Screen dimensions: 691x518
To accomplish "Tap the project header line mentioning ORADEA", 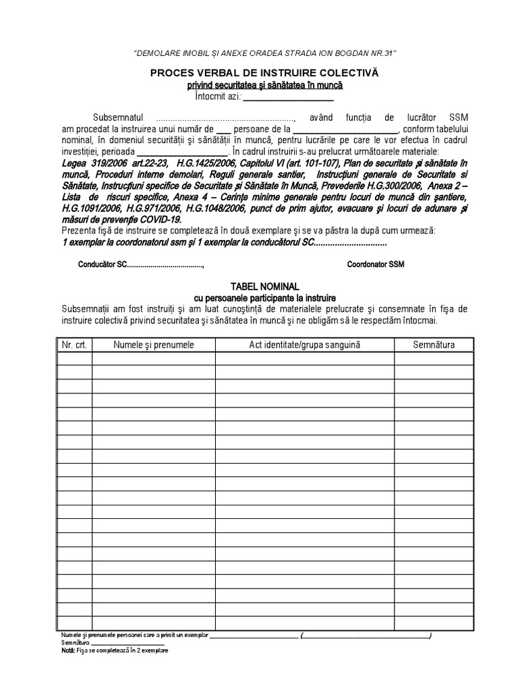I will (264, 53).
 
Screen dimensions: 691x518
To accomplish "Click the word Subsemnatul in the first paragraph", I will (116, 117).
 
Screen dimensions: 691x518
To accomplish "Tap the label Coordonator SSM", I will (376, 265).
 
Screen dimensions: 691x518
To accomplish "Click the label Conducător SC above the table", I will (103, 265).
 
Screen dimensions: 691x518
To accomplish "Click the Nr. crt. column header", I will (74, 345).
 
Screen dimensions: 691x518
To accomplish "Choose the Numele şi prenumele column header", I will (154, 345).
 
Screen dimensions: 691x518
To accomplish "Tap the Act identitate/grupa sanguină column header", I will (305, 345).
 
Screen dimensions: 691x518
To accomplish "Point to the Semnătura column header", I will (434, 345).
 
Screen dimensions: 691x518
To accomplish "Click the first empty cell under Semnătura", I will (434, 358).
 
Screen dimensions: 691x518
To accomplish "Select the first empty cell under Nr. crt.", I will (74, 358).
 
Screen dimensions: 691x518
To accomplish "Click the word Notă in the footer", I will (67, 651).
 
